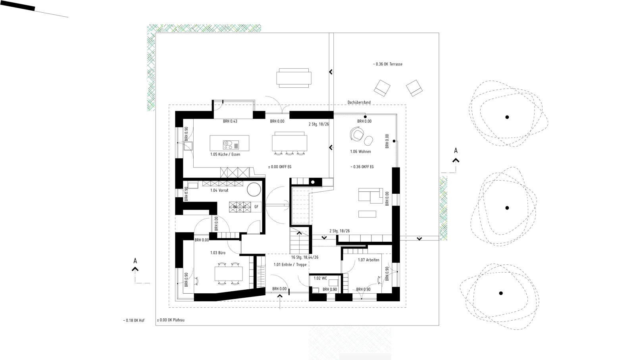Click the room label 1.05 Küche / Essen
[x=225, y=154]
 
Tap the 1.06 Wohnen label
[x=360, y=152]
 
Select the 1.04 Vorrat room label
[x=219, y=191]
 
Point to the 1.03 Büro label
[x=218, y=253]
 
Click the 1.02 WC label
[x=320, y=278]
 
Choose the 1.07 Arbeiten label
[x=369, y=260]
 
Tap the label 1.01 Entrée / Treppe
[x=290, y=265]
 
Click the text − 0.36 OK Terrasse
[x=387, y=64]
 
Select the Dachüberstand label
[x=359, y=102]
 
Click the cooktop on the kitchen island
[x=231, y=145]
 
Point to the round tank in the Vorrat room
[x=254, y=189]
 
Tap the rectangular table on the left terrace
[x=294, y=78]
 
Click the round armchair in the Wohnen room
[x=357, y=134]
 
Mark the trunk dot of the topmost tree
[x=507, y=117]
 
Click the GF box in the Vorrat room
[x=256, y=207]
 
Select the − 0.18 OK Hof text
[x=134, y=321]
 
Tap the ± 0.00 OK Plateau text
[x=171, y=320]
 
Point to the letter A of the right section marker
[x=456, y=150]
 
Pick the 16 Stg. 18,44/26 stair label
[x=305, y=257]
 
